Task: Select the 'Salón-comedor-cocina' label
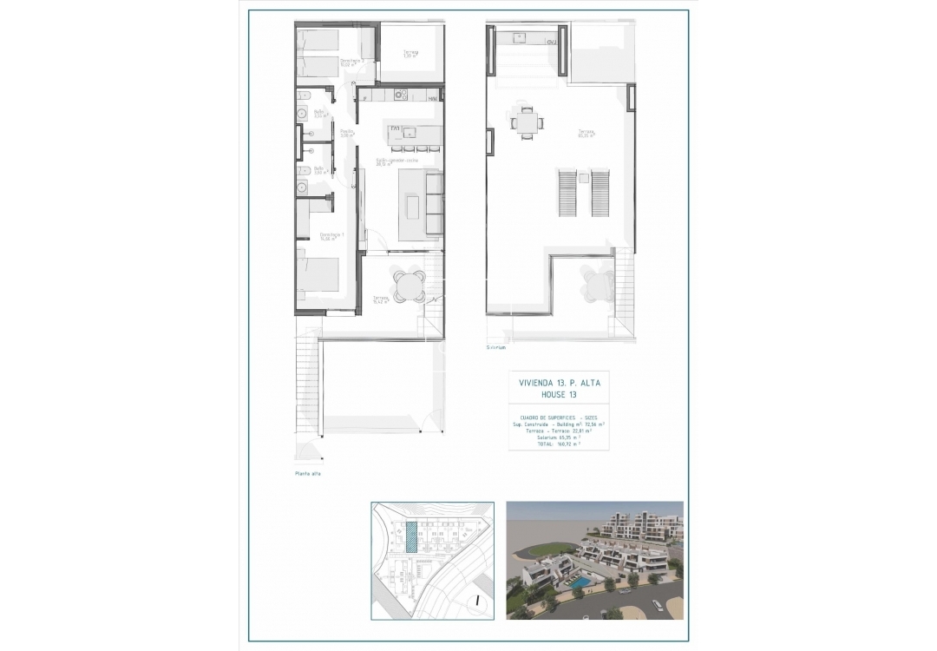click(396, 161)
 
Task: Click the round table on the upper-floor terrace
click(407, 284)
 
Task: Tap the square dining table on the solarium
click(527, 122)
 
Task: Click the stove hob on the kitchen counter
click(400, 95)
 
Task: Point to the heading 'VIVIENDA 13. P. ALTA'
click(558, 382)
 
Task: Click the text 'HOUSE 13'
click(558, 394)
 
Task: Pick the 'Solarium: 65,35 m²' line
click(558, 437)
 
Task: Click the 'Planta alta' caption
click(308, 474)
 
